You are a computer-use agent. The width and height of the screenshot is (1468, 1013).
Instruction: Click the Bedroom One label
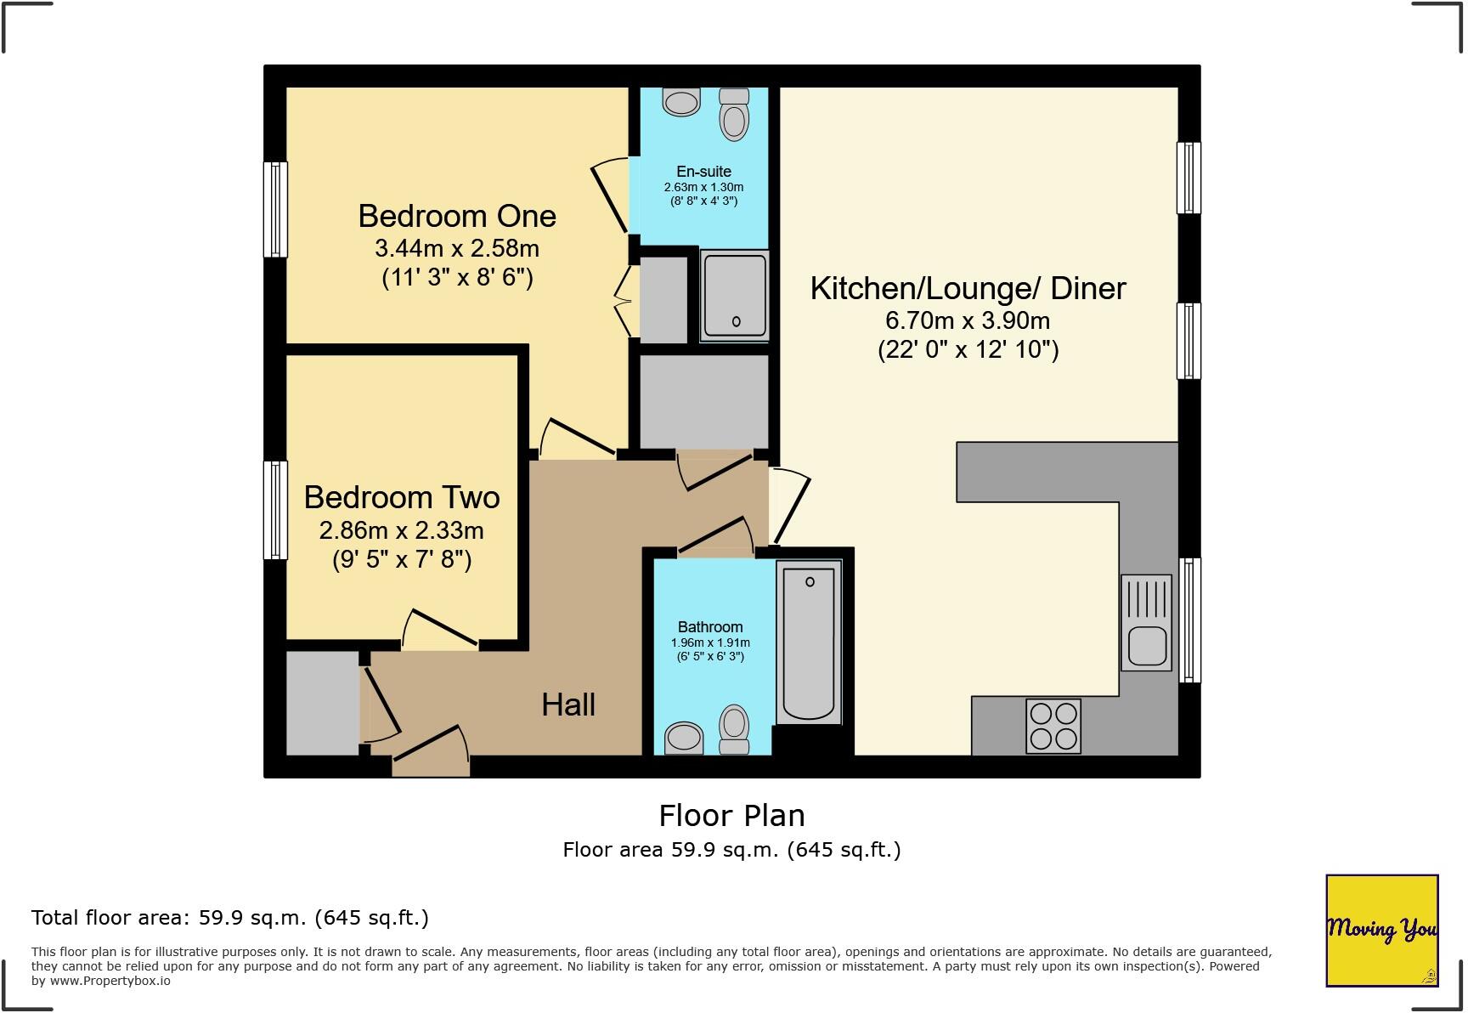click(x=457, y=216)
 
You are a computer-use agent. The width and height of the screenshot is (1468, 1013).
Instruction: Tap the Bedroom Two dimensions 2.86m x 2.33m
click(x=401, y=530)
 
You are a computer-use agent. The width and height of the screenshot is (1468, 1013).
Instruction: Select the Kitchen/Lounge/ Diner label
click(x=968, y=288)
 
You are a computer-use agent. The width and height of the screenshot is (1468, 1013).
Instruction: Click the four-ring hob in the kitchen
click(x=1053, y=726)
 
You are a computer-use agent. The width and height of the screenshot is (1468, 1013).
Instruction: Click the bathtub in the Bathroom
click(x=809, y=642)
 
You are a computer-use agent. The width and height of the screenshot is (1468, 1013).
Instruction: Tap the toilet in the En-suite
click(x=734, y=114)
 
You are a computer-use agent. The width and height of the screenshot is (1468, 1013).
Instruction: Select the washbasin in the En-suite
click(x=681, y=102)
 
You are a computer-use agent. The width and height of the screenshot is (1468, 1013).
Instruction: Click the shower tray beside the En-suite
click(x=735, y=295)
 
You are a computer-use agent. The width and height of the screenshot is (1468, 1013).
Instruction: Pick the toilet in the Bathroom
click(x=734, y=729)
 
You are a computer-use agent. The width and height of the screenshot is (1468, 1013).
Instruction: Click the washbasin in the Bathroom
click(x=683, y=737)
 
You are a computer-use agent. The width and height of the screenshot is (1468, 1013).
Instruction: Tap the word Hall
click(x=568, y=705)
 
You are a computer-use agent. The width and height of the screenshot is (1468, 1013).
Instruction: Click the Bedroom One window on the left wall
click(x=275, y=209)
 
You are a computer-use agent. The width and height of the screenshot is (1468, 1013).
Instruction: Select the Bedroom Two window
click(x=275, y=510)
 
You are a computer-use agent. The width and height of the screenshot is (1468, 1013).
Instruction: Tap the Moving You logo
click(x=1381, y=930)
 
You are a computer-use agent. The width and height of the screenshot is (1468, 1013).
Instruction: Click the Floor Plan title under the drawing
click(x=731, y=816)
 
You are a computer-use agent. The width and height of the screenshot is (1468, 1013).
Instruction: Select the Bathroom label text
click(x=710, y=627)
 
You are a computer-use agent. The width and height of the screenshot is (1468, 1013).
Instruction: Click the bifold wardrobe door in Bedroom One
click(x=626, y=299)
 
